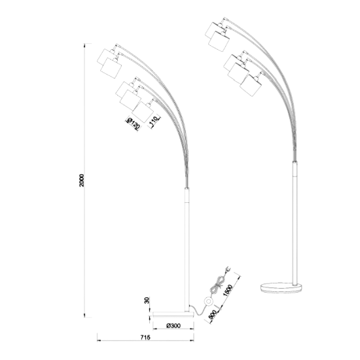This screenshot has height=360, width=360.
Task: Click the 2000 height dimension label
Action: [x=82, y=180]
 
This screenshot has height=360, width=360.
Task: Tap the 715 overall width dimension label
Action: [x=145, y=338]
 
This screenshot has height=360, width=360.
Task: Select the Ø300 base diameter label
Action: [x=173, y=325]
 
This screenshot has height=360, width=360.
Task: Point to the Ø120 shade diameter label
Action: [x=133, y=124]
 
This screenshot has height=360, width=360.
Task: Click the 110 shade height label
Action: [x=154, y=122]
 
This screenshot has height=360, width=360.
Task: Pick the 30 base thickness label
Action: [x=147, y=300]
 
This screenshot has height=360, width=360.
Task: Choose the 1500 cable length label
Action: [x=228, y=290]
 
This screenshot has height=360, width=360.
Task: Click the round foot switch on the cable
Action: [x=209, y=302]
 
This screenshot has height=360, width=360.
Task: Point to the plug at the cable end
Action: [x=227, y=270]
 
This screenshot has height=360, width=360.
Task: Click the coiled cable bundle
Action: [x=217, y=285]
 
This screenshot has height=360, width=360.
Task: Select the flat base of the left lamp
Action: [x=173, y=314]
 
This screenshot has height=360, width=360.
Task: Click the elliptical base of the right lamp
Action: [x=281, y=288]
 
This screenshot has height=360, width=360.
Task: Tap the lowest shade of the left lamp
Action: [x=143, y=111]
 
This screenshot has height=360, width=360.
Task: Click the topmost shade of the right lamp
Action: [x=213, y=31]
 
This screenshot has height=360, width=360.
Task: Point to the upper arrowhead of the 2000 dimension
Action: [x=84, y=45]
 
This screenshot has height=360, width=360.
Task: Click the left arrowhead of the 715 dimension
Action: [x=99, y=341]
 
